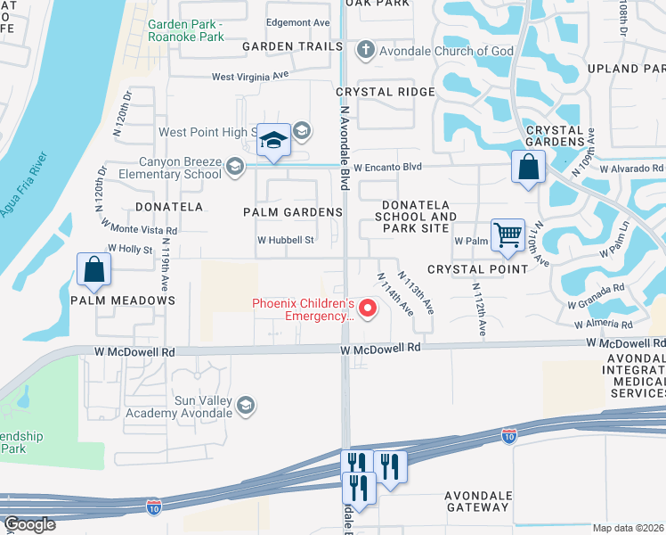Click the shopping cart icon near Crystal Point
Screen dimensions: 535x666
508,236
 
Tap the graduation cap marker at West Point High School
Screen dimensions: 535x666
274,140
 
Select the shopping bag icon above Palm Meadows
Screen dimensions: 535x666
93,268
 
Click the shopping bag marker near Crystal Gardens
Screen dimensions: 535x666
528,167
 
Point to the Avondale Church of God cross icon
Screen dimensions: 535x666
365,50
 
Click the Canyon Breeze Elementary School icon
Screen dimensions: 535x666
234,166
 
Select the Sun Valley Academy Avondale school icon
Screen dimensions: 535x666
247,406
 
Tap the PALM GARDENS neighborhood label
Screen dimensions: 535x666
293,212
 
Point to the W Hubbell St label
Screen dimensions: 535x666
286,240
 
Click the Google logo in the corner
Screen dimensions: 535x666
28,524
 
